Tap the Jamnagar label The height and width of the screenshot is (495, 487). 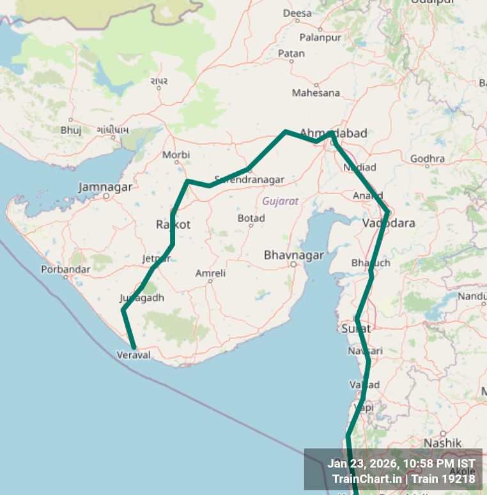click(x=105, y=187)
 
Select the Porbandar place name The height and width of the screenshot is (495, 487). click(x=65, y=269)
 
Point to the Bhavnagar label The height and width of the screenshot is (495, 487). click(x=294, y=255)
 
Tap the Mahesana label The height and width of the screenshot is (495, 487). click(x=316, y=93)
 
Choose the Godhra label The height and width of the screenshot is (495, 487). click(x=428, y=158)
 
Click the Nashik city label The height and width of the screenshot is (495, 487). click(x=442, y=443)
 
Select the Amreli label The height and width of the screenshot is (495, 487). click(x=210, y=273)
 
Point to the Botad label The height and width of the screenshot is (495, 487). click(x=251, y=218)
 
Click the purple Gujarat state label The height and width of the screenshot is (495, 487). click(x=281, y=201)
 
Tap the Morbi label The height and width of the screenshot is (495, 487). click(x=176, y=155)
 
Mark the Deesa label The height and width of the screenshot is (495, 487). click(x=297, y=13)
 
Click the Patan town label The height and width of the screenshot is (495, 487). click(x=291, y=54)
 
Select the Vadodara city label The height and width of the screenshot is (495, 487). click(x=389, y=223)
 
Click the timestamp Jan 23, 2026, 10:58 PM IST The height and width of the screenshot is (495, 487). click(x=401, y=464)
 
